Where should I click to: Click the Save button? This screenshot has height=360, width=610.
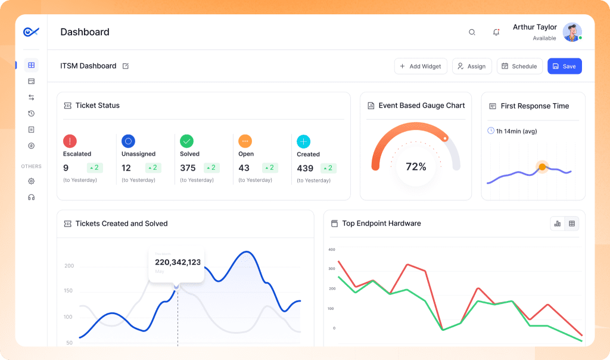(564, 66)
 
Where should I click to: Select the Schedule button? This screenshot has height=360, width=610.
(519, 66)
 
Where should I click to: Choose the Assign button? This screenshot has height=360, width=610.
(471, 66)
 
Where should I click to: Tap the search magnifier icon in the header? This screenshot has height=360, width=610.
(472, 32)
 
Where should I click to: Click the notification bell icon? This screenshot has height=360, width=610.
(496, 32)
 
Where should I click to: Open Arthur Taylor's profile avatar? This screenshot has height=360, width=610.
(572, 32)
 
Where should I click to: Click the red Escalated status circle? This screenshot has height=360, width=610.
(70, 141)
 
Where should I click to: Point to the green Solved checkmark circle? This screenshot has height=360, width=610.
(187, 141)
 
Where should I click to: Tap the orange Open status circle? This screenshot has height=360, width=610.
(245, 141)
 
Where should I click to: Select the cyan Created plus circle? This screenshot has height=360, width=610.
(304, 141)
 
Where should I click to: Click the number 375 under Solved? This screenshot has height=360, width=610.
(188, 168)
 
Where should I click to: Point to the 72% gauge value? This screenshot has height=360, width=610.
(416, 167)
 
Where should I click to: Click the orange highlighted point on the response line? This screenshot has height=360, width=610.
(542, 167)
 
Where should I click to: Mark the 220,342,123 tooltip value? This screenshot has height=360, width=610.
(178, 262)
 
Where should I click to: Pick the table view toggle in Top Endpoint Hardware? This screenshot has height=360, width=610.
(572, 224)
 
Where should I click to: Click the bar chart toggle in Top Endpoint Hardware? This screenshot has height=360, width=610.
(558, 224)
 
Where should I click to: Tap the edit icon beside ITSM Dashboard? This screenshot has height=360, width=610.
(126, 66)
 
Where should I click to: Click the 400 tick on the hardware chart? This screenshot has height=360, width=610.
(332, 250)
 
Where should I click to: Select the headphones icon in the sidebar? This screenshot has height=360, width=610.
(32, 197)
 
